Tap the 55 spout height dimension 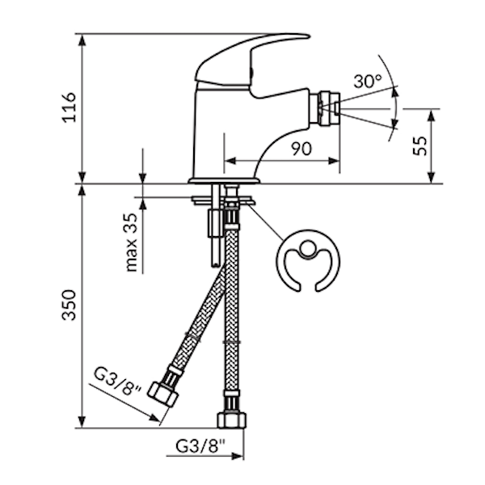pos(418,145)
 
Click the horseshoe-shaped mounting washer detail pos(308,263)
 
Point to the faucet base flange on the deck pos(224,179)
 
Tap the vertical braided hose pos(231,315)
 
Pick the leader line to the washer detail pos(267,222)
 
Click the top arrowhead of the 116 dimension pos(82,40)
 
